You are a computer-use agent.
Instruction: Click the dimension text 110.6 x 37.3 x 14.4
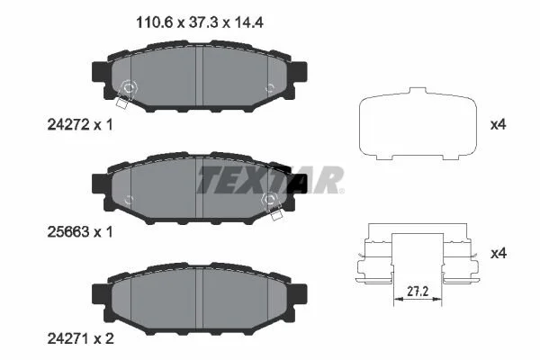(200, 22)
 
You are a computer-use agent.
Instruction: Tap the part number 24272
(69, 124)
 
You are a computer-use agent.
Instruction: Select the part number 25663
(68, 232)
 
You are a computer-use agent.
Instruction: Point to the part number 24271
(68, 339)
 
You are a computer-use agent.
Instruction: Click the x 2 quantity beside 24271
(104, 339)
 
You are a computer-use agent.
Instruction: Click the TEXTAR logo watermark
(270, 180)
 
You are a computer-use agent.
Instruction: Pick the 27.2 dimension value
(418, 292)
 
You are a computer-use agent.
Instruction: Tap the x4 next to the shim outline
(498, 124)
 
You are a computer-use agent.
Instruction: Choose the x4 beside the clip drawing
(498, 254)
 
